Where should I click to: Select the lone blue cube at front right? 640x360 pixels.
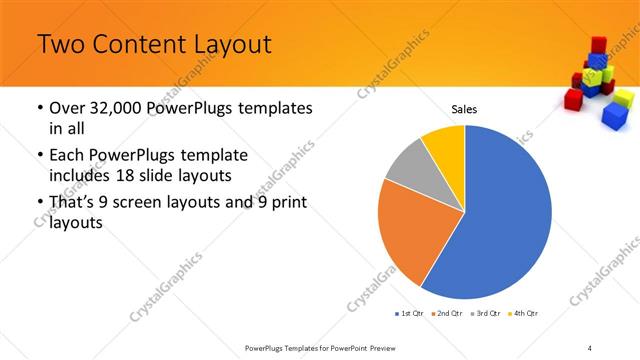coord(613,116)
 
